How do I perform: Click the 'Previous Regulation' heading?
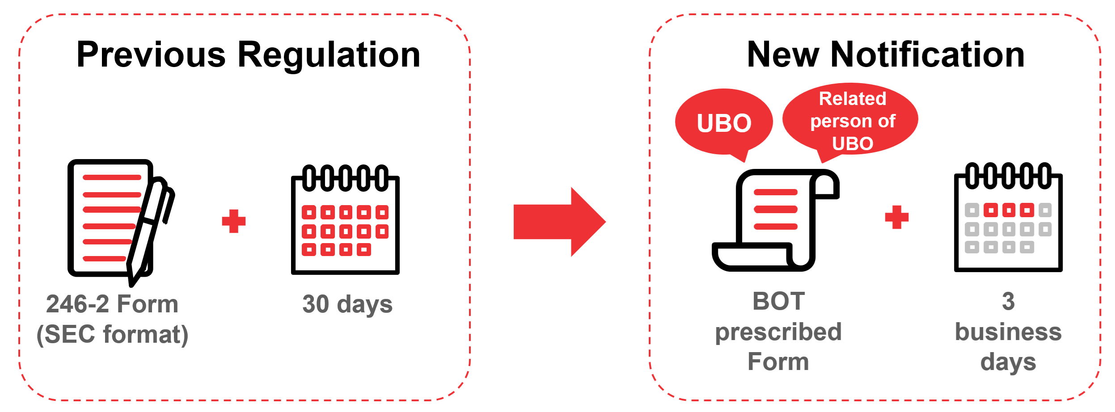click(x=248, y=55)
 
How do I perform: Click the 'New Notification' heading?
click(x=886, y=55)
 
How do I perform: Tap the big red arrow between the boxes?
click(x=559, y=222)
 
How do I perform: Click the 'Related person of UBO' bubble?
click(x=852, y=120)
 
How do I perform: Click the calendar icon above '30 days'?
click(x=345, y=221)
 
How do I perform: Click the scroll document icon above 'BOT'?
click(x=776, y=220)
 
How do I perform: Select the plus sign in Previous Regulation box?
click(x=234, y=221)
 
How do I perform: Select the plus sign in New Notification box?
click(x=897, y=218)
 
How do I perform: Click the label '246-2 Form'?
click(x=112, y=304)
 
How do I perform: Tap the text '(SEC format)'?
click(x=112, y=335)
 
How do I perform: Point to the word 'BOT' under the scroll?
click(x=779, y=301)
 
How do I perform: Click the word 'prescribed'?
click(x=778, y=332)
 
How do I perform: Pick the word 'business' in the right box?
click(x=1008, y=332)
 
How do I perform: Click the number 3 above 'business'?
click(x=1008, y=302)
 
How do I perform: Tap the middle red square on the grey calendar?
click(x=1009, y=210)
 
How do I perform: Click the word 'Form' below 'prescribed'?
click(x=778, y=362)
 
